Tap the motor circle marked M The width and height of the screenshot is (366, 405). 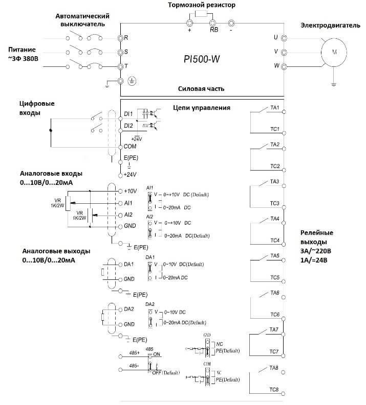tap(334, 52)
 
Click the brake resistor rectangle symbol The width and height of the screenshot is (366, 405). tap(201, 14)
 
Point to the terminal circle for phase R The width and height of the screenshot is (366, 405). tap(121, 38)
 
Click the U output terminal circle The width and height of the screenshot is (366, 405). tap(284, 38)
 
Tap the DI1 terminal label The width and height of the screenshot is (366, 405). tap(128, 113)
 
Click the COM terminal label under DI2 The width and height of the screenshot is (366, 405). tap(130, 147)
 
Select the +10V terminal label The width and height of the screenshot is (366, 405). tap(131, 191)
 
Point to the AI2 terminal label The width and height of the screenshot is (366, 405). tap(128, 215)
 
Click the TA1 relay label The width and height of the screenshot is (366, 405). tap(274, 108)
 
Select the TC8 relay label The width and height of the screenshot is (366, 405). tap(274, 390)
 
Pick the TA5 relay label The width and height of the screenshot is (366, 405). tap(274, 255)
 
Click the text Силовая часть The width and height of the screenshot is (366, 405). tap(201, 88)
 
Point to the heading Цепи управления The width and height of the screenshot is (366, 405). tap(202, 108)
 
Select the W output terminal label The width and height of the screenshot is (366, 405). tap(276, 66)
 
